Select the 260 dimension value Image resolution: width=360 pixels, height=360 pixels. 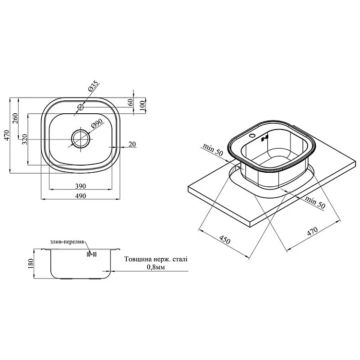15,118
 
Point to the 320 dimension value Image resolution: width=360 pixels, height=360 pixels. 24,140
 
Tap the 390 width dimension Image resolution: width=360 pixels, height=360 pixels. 80,186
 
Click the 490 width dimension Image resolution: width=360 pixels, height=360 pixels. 80,196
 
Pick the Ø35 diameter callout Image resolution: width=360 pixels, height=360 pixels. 93,87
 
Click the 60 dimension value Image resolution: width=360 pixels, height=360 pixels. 130,102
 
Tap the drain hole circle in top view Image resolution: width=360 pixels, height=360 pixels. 80,139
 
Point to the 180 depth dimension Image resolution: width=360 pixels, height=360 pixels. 32,263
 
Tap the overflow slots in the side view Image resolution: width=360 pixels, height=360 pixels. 91,254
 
